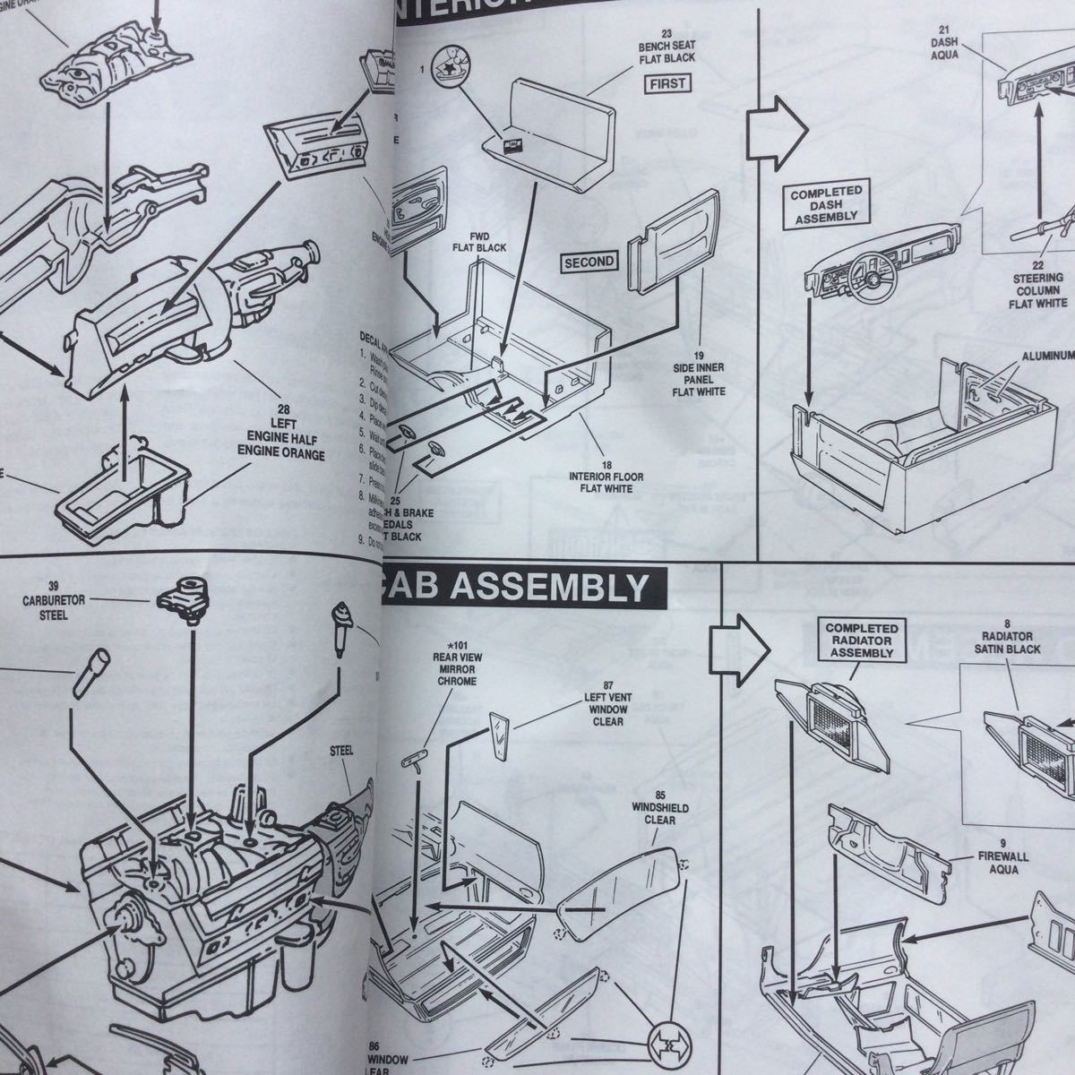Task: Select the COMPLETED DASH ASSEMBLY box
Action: coord(825,203)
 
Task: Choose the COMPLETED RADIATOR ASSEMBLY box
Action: coord(860,641)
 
